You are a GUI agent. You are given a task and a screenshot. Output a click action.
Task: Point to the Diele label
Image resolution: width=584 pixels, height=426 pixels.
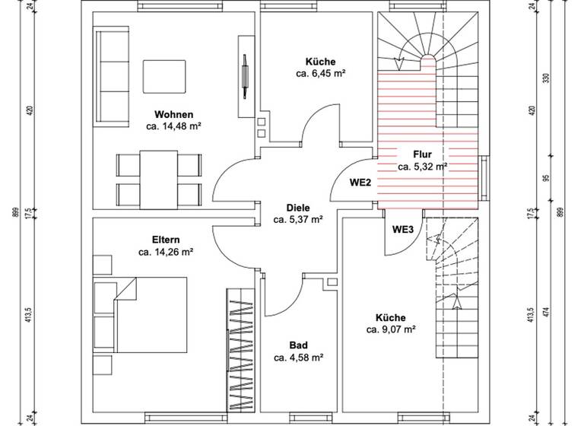(x=299, y=208)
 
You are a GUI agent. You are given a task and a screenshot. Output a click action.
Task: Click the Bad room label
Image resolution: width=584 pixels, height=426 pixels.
(x=299, y=345)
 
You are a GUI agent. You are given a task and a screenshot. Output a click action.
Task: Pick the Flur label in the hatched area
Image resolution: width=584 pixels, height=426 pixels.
(x=422, y=154)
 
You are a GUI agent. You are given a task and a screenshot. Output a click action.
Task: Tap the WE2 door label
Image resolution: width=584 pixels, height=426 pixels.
(x=360, y=183)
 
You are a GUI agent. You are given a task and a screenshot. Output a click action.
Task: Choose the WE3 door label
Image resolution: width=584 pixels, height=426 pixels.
(x=402, y=230)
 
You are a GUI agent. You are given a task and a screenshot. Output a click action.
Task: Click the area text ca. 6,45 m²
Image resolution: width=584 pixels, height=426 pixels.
(x=321, y=74)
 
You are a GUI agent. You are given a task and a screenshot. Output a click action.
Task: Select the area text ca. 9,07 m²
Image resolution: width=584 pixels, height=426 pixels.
(x=390, y=329)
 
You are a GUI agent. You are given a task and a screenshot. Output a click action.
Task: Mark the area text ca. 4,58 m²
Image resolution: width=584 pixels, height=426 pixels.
(x=299, y=357)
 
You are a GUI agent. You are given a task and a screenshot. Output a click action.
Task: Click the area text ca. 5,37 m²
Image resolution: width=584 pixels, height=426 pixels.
(x=299, y=219)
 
